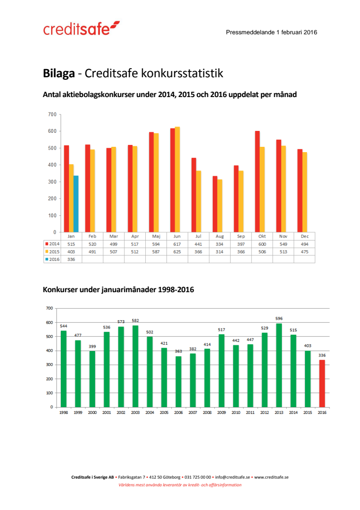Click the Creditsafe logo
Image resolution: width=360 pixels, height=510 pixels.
coord(81,28)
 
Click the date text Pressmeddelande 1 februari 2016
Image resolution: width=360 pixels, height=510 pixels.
coord(271,32)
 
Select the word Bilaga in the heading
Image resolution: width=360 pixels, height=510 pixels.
coord(58,73)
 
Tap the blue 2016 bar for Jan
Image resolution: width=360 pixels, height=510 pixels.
coord(76,204)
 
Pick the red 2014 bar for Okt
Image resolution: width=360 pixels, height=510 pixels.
coord(257,182)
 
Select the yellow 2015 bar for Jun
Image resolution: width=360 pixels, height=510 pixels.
coord(177,179)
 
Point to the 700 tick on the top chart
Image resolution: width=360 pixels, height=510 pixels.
coord(53,114)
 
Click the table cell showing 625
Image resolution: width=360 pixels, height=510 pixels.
coord(177,252)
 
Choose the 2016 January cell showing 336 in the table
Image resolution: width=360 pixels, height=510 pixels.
coord(71,259)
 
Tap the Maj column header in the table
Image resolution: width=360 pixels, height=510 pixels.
coord(156,237)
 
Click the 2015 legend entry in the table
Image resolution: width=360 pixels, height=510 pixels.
coord(52,252)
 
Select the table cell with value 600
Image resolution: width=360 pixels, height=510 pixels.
coord(262,244)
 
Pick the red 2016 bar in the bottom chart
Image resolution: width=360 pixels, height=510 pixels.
coord(321,383)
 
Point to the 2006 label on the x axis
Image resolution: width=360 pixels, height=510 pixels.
coord(178,413)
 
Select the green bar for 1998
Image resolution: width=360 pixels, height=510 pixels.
coord(64,368)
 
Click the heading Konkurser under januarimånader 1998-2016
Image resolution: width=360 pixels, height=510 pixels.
coord(118,290)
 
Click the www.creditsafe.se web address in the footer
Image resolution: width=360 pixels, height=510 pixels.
coord(271,477)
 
